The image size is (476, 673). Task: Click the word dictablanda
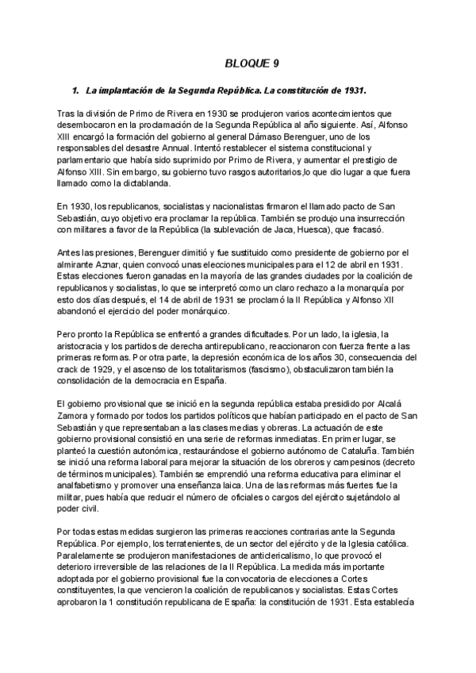tap(144, 183)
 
